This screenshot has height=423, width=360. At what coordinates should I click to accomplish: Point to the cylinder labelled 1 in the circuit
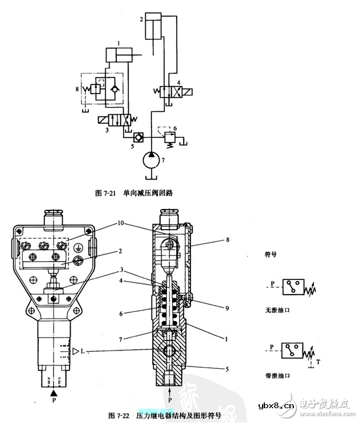point(119,55)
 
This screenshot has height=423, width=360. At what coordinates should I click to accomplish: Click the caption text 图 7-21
point(105,193)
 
